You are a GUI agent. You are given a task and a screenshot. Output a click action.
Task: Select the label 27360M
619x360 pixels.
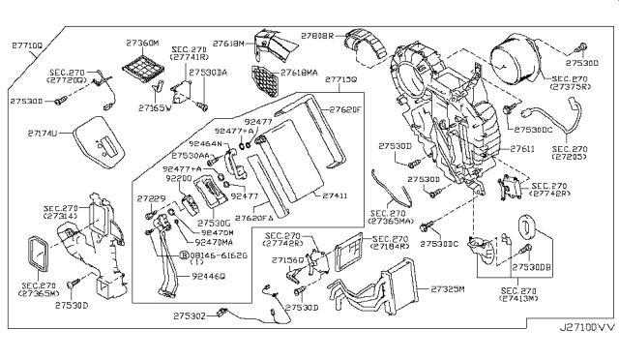[x=143, y=44]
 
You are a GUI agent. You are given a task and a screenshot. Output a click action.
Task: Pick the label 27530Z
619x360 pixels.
[x=190, y=313]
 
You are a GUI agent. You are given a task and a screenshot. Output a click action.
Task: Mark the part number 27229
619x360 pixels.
[x=153, y=199]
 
